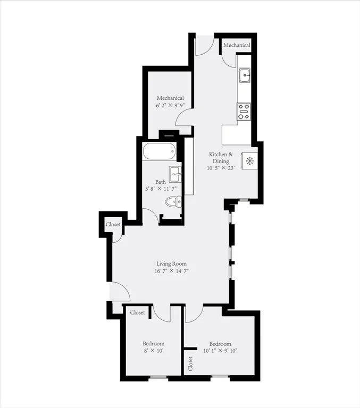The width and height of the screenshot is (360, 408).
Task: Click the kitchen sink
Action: (245, 75)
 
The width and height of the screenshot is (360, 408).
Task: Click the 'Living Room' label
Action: (171, 263)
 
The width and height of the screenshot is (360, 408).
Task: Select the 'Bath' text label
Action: (161, 182)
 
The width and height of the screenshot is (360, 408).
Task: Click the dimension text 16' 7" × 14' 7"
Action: (171, 271)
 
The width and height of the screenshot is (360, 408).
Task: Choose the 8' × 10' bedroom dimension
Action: (153, 351)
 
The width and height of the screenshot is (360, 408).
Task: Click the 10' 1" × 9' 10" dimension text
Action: (220, 351)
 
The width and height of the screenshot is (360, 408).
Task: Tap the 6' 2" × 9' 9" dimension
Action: (170, 106)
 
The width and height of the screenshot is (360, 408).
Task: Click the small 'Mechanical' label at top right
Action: (237, 46)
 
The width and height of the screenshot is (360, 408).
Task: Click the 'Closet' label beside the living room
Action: (113, 225)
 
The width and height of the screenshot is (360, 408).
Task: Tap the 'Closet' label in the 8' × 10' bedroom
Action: (138, 313)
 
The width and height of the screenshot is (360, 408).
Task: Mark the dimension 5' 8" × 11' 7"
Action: (161, 189)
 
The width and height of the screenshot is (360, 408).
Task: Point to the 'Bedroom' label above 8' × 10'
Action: (153, 344)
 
